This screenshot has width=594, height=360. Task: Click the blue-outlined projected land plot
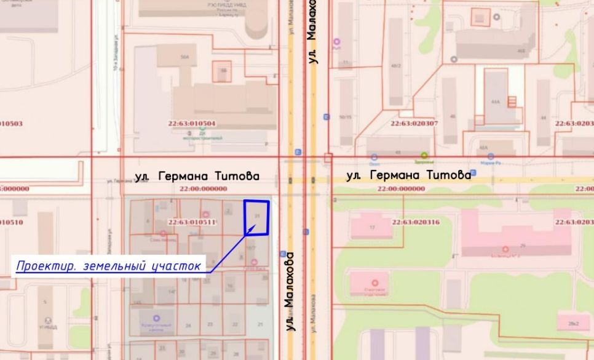pos(257,217)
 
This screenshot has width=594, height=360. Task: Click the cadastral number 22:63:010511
pos(192,222)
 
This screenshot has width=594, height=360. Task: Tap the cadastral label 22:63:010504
pos(192,124)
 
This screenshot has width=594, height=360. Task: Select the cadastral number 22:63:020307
pos(414,124)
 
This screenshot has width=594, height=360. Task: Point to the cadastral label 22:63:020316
pos(416,222)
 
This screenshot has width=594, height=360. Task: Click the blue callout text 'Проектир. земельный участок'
pos(109,266)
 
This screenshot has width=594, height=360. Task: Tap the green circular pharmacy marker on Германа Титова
pos(424,155)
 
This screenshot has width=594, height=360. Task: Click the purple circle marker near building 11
pos(336,42)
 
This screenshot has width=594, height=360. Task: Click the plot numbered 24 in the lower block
pos(188,324)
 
